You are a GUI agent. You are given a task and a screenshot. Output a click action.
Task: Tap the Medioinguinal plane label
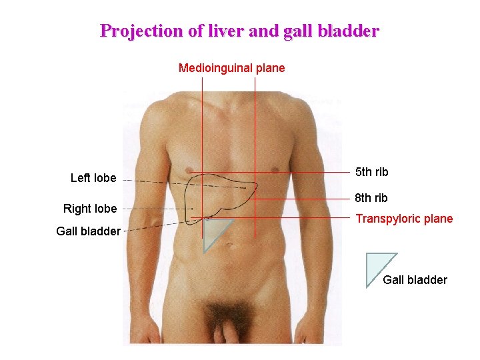231,68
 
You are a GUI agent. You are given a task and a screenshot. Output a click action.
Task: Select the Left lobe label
93,178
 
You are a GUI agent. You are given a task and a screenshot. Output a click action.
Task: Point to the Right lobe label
90,209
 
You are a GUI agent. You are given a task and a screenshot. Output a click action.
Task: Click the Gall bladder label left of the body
89,231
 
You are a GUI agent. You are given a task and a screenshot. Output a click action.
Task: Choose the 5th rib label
372,172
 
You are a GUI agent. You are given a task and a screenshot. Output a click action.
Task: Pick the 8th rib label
372,198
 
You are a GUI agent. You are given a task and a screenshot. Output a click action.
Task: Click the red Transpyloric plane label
404,219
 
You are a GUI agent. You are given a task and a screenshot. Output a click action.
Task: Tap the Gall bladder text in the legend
415,280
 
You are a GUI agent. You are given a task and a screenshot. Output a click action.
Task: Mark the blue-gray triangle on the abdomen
213,233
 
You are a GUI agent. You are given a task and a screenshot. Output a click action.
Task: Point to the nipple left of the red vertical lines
189,167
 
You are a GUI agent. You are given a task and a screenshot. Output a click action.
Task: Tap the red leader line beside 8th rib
313,198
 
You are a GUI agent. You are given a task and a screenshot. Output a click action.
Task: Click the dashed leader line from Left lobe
153,181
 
